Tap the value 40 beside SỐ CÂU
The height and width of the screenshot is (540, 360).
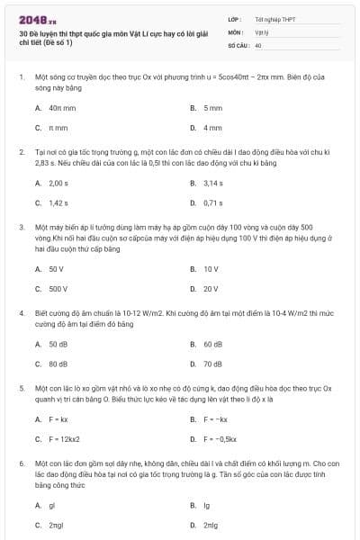258,44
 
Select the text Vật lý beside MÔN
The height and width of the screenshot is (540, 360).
263,31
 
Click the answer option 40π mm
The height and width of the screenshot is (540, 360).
61,108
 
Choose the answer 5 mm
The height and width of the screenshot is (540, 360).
212,108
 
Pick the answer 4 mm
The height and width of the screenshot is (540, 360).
212,127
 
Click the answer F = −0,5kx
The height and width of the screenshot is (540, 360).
220,438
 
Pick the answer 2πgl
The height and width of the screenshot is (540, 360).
57,524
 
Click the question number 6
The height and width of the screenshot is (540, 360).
21,462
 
